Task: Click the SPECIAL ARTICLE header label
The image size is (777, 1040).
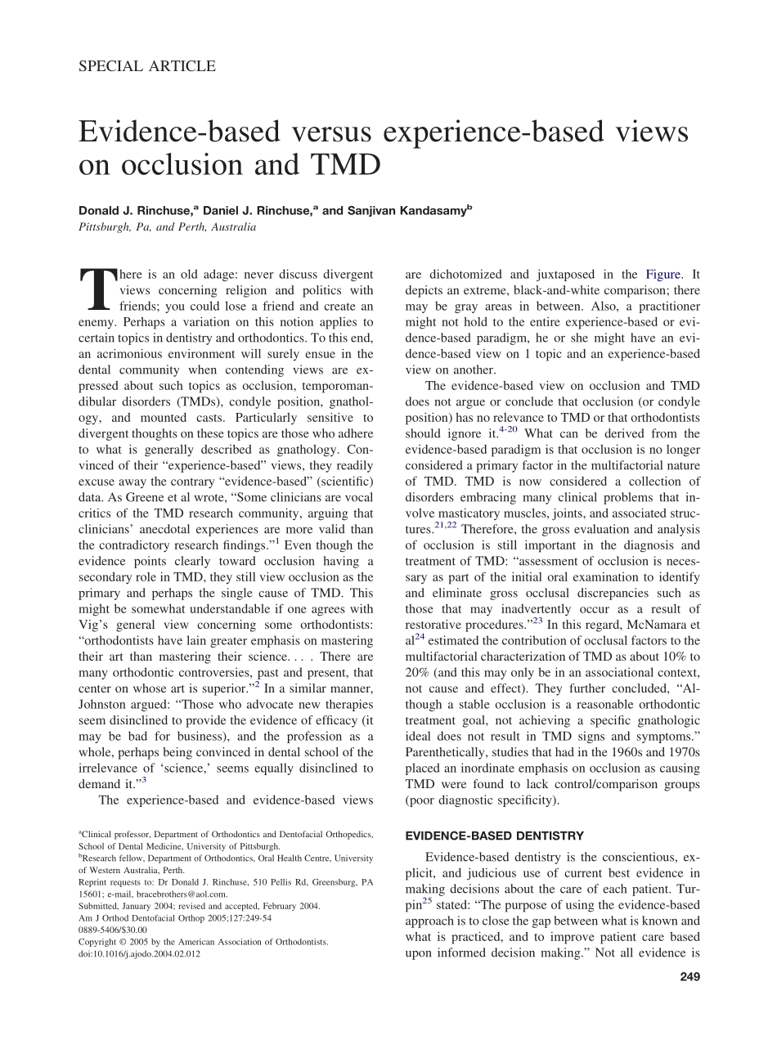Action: pyautogui.click(x=147, y=67)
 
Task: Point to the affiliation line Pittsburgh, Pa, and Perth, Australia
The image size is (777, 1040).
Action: pyautogui.click(x=167, y=227)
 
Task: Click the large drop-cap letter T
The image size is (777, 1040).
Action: pyautogui.click(x=97, y=289)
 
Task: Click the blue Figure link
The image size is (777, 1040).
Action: pyautogui.click(x=662, y=275)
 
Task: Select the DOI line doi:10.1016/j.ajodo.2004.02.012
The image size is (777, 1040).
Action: pyautogui.click(x=139, y=953)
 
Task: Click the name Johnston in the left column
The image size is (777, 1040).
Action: pyautogui.click(x=105, y=704)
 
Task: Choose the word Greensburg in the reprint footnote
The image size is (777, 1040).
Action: pyautogui.click(x=323, y=882)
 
